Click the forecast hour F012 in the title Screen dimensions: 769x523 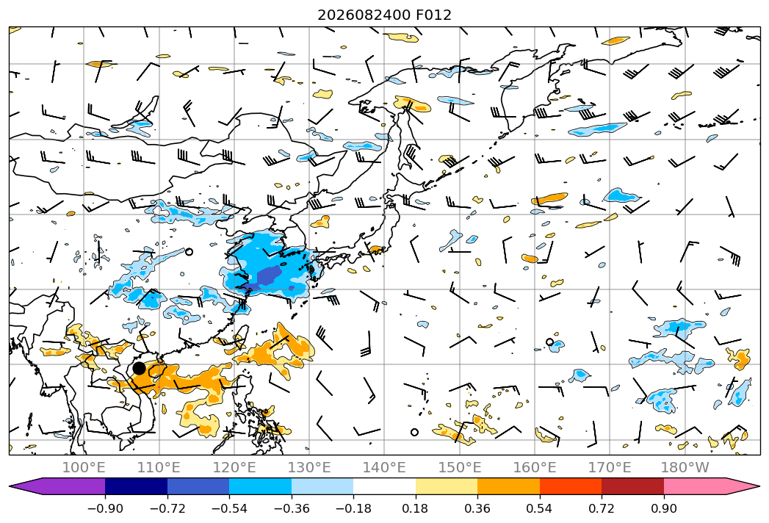[433, 15]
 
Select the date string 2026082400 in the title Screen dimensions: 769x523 [364, 15]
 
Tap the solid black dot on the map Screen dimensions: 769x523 [140, 368]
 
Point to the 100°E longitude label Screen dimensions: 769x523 [84, 467]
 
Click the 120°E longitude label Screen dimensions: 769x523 [234, 467]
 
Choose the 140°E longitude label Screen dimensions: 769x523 [384, 467]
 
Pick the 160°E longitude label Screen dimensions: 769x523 [535, 467]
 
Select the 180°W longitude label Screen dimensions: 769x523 [685, 467]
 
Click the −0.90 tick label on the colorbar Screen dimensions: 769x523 [105, 508]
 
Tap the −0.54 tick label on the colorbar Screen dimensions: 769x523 [229, 508]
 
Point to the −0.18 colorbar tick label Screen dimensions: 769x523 [353, 508]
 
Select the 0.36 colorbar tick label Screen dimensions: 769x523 [477, 508]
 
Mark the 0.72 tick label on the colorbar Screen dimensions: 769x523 [602, 508]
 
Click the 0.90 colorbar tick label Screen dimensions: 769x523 [663, 508]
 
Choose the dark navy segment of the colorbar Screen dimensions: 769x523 [136, 486]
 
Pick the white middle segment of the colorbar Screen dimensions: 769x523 [384, 486]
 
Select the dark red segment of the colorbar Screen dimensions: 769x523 [632, 486]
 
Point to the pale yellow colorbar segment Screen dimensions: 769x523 [447, 486]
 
